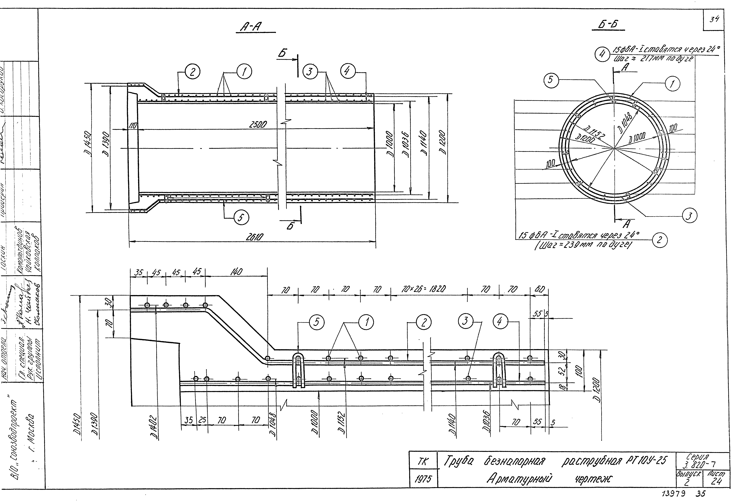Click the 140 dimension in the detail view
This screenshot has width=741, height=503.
pyautogui.click(x=236, y=272)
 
